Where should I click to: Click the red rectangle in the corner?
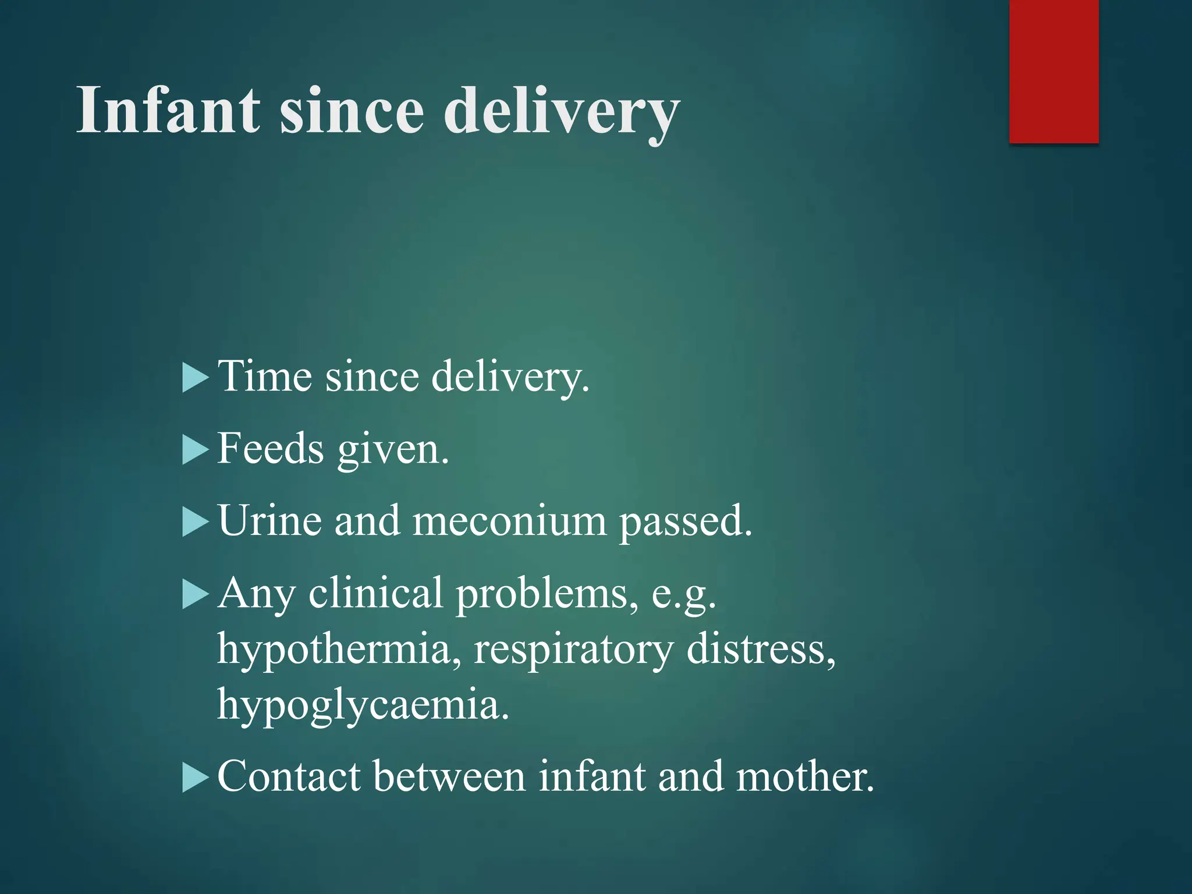[1053, 71]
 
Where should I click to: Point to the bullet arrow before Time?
[195, 378]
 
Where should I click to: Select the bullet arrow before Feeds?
[195, 450]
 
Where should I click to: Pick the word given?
[393, 451]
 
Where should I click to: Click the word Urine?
[269, 520]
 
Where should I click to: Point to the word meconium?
[509, 520]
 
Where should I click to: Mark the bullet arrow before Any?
[195, 595]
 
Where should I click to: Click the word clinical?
[375, 594]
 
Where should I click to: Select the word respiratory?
[573, 651]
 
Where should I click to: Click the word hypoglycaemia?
[363, 705]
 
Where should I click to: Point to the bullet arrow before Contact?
[195, 778]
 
